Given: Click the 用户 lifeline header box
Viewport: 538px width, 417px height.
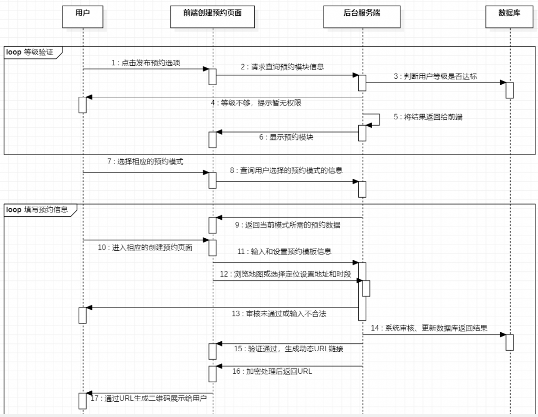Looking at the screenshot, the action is (82, 17).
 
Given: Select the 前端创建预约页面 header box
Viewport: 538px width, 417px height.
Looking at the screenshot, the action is (212, 17).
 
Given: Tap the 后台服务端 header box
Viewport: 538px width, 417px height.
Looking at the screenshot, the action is (361, 17).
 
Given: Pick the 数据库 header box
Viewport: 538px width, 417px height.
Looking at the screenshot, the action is (509, 17).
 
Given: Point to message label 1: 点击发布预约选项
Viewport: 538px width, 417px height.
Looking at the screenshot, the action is (146, 63).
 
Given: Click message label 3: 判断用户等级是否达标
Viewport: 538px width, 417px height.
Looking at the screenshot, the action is (435, 76).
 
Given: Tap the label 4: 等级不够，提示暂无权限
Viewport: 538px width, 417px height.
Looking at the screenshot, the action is (256, 103).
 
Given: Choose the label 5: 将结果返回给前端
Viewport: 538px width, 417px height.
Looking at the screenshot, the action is (428, 117).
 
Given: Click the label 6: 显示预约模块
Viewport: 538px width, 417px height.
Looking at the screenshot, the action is (286, 137).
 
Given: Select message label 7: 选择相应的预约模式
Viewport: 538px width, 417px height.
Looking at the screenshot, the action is (145, 161).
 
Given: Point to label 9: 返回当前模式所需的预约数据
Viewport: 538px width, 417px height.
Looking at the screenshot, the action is (287, 225).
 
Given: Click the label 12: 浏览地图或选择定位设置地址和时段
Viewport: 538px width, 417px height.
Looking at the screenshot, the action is (285, 274).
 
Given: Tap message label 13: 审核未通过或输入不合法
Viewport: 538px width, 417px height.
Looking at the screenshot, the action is (279, 313).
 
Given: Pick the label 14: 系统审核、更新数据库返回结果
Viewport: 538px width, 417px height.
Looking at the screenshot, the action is (429, 328).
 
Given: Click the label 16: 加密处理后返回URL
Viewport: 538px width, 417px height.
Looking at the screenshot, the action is (272, 371).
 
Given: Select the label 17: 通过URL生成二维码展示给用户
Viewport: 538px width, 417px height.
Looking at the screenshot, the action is (149, 398).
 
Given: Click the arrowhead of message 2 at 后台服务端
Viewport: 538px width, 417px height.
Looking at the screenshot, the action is (356, 75).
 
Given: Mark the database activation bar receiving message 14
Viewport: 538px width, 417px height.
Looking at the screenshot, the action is (510, 342).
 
